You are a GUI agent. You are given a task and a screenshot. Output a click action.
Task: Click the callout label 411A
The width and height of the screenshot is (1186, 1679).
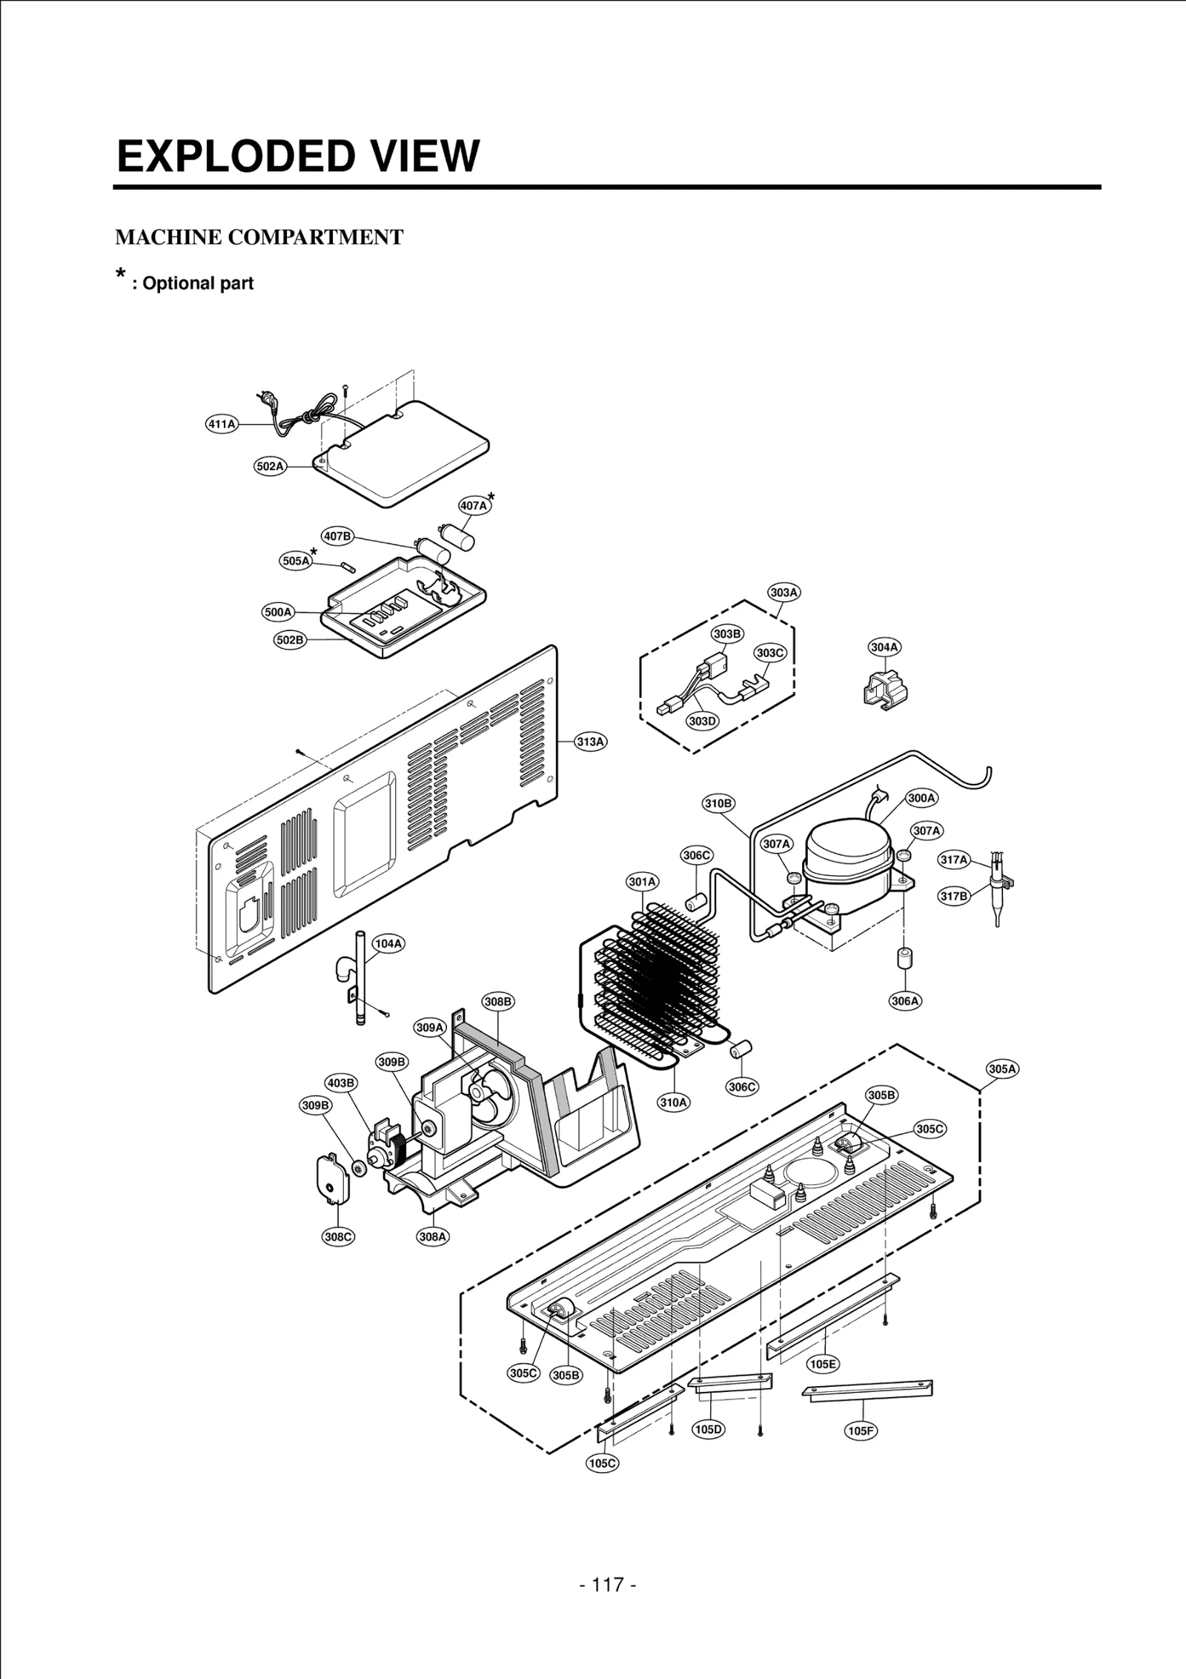[221, 424]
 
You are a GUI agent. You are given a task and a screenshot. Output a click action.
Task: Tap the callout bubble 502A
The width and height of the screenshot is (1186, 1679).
[271, 466]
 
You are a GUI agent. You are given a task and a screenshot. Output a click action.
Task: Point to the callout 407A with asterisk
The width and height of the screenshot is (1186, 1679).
[474, 506]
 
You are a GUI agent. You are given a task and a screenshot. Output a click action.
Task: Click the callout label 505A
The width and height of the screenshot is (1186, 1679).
[296, 561]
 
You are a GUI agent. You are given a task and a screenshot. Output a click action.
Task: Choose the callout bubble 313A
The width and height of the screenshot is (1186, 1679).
[592, 741]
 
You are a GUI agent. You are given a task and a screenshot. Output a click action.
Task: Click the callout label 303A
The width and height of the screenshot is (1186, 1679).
[784, 593]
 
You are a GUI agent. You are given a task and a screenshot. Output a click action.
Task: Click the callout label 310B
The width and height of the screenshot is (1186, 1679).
[718, 803]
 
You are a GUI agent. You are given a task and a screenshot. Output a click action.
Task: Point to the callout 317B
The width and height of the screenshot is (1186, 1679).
[955, 896]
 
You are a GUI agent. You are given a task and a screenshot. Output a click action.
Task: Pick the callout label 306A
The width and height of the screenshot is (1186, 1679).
[905, 1001]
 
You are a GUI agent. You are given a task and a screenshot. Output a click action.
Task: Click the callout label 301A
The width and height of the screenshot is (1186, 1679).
[643, 882]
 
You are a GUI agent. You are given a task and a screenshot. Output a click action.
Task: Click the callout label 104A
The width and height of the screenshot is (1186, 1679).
[388, 943]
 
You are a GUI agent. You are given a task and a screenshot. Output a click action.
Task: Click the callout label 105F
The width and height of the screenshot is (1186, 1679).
[861, 1431]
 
